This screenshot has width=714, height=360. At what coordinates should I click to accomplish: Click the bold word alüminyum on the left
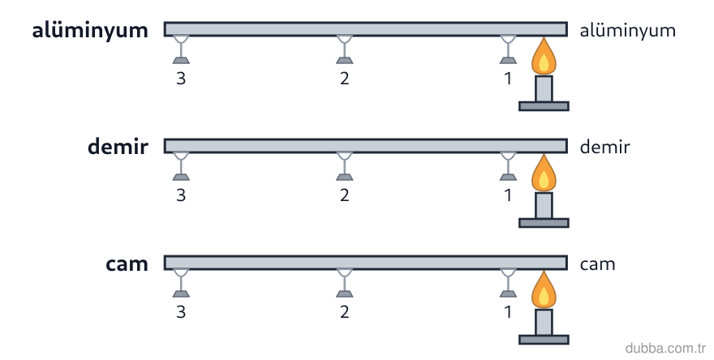90,31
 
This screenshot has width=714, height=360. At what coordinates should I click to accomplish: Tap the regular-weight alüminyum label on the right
627,31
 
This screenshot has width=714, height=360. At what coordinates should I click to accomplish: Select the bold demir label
118,147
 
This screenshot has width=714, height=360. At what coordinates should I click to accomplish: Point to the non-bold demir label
604,147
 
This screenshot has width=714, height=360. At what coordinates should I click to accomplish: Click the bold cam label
127,264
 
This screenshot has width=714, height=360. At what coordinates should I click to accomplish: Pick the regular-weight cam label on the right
597,264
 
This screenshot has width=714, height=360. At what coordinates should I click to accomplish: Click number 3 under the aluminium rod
181,79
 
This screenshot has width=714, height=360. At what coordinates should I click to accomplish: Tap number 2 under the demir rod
344,195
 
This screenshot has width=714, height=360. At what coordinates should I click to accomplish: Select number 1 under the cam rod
508,312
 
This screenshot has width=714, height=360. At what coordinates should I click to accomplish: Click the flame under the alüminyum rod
544,58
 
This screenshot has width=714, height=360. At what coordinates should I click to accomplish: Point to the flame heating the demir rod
544,174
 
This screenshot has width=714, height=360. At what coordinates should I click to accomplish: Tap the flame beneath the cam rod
544,290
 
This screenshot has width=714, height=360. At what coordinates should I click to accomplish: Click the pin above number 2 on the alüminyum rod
344,49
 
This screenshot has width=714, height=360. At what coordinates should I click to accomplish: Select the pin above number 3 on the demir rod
181,166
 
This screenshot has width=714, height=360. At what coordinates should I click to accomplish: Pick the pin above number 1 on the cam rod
508,283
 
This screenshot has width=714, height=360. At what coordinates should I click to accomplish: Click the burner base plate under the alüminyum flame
544,106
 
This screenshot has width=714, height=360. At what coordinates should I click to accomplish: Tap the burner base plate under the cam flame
544,340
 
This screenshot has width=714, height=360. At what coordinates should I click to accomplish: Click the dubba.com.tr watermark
665,348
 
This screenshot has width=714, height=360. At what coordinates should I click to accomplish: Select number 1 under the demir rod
508,195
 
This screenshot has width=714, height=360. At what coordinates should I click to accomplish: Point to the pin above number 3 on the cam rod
181,283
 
